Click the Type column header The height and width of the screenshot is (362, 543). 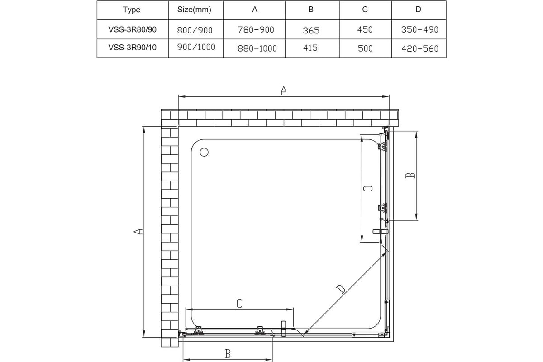point(131,10)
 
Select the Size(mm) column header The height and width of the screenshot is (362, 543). point(194,10)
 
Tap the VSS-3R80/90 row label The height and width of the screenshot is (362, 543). point(132,29)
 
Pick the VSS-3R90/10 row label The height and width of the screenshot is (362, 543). point(132,48)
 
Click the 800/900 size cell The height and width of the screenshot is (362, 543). point(195,30)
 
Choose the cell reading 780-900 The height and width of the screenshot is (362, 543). point(256,30)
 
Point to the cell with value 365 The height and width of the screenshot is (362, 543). point(311,31)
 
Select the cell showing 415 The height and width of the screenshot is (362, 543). point(310,48)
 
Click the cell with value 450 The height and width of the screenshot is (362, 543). point(365,29)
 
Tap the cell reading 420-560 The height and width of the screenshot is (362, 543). point(420,49)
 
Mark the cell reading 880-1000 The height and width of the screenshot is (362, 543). point(257,48)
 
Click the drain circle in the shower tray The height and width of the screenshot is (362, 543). point(204,152)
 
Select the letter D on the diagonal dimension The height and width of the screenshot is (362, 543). point(341,289)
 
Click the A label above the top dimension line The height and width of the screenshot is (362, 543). point(284,90)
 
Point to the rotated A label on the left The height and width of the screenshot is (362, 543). point(138,232)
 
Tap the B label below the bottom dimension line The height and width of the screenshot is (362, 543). point(228,354)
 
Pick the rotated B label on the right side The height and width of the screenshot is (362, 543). point(410,175)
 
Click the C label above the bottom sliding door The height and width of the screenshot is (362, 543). point(239,303)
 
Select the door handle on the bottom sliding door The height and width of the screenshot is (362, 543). point(284,329)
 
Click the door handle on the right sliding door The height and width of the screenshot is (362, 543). point(381,232)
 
